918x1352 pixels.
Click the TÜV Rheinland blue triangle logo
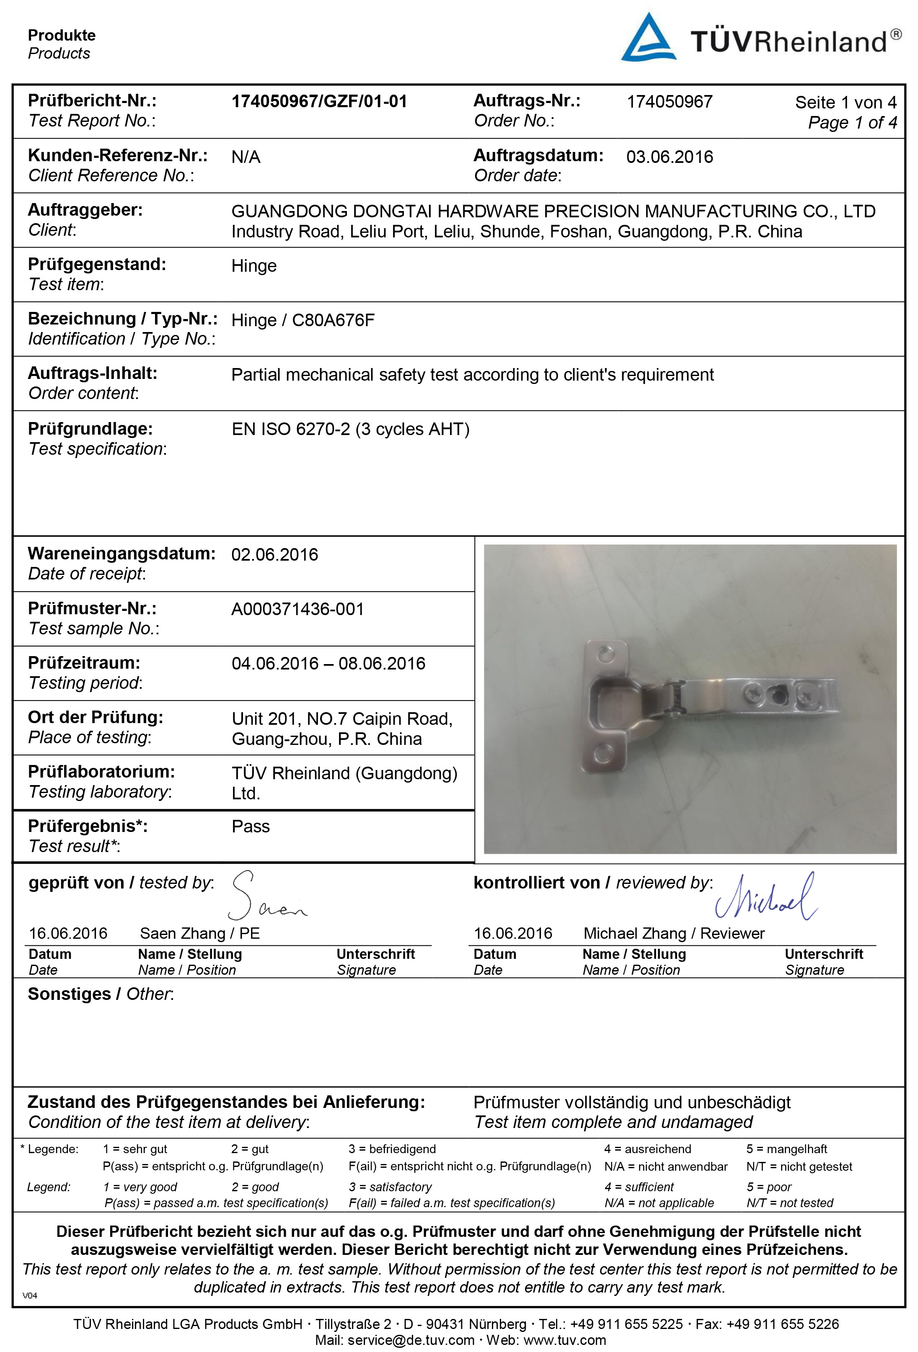coord(649,39)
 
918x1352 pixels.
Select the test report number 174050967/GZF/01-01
coord(319,102)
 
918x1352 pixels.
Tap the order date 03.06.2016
coord(670,157)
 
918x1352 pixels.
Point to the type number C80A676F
coord(333,321)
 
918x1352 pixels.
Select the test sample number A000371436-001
coord(297,609)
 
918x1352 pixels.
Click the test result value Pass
coord(250,827)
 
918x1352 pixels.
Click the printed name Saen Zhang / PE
coord(200,934)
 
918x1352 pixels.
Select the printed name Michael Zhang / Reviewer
coord(673,934)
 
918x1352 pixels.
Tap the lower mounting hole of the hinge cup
coord(605,753)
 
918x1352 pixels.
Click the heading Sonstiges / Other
coord(101,994)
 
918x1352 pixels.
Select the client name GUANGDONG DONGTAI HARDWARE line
coord(553,212)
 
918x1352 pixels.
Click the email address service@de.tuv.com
coord(411,1340)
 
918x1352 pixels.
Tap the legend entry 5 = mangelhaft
coord(786,1149)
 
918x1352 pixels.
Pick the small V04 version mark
coord(30,1295)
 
